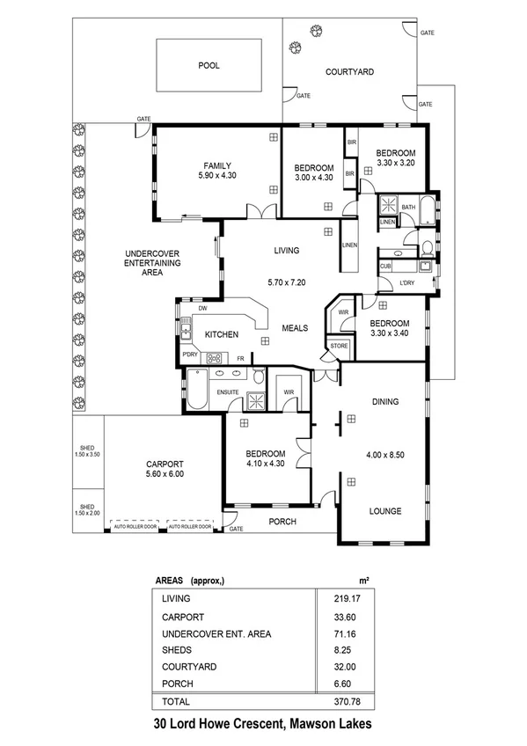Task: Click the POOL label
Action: tap(209, 65)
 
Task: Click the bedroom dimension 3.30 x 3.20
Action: tap(395, 163)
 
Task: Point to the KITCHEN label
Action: tap(223, 334)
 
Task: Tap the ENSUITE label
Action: tap(230, 392)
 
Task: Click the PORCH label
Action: tap(282, 522)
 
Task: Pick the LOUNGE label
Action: tap(385, 510)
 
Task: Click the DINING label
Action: tap(385, 402)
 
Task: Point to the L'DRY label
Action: tap(406, 282)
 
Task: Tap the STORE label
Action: tap(340, 347)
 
